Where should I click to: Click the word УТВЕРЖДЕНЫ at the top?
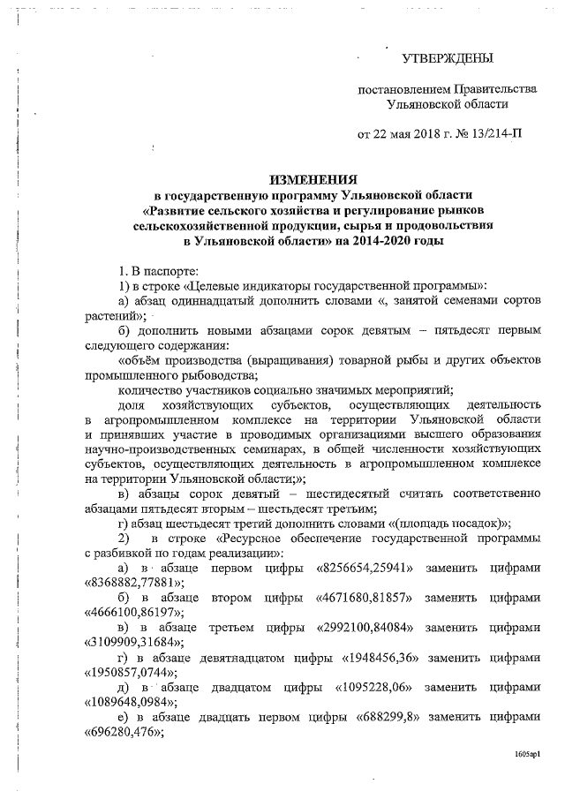coord(447,59)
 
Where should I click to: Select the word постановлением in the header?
coord(403,90)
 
